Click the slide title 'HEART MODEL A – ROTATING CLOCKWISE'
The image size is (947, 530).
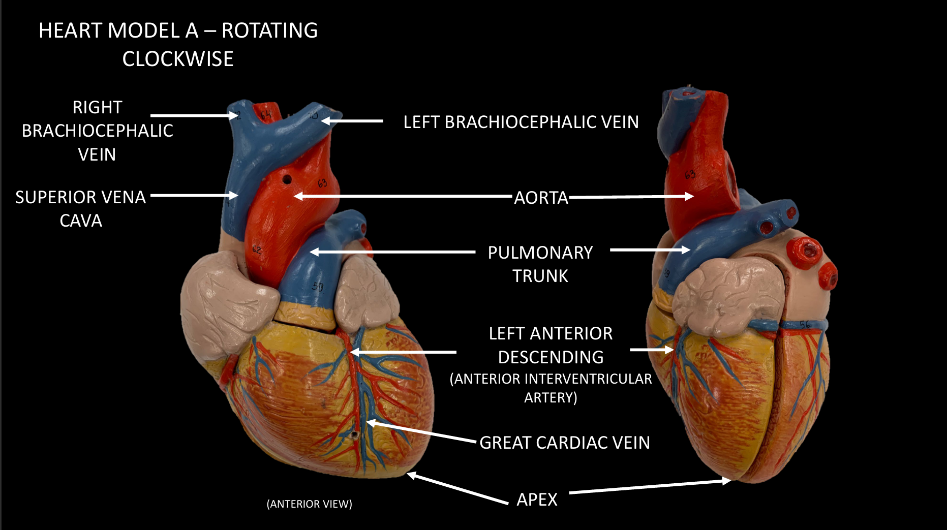178,44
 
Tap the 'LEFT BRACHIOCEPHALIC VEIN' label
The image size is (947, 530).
521,122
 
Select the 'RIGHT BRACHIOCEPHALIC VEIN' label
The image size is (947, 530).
97,131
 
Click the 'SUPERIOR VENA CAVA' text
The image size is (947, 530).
81,208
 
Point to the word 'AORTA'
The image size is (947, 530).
541,198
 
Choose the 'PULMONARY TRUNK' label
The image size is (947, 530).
540,264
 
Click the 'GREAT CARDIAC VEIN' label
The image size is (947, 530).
564,443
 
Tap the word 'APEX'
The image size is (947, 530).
537,500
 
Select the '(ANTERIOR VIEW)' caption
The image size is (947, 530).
309,504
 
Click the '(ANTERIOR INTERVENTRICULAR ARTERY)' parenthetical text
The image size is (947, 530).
551,388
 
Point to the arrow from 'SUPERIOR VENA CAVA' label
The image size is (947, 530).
193,195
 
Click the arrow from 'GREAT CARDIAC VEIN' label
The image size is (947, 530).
422,431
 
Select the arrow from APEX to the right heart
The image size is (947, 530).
651,487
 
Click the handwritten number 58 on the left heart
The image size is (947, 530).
318,287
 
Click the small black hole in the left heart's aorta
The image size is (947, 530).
287,179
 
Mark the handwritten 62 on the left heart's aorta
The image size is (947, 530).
257,250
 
